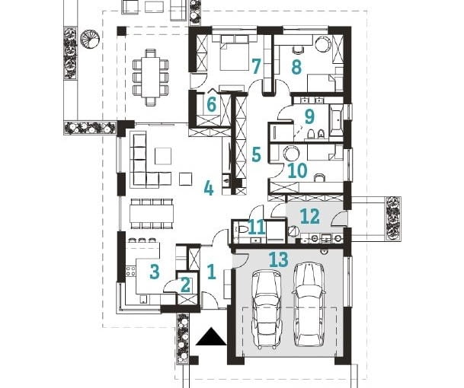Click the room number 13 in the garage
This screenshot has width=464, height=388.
278,259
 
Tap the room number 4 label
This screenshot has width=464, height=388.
208,187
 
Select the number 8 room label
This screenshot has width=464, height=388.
296,67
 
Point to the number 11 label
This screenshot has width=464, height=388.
257,226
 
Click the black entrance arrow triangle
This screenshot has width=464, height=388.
211,336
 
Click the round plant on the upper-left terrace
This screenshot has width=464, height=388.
90,38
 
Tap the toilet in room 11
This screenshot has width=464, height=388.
241,229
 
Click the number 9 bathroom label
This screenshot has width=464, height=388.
309,116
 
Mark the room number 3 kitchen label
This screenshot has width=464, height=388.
154,269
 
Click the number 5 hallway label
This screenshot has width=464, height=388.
256,154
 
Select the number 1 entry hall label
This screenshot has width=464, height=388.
213,269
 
